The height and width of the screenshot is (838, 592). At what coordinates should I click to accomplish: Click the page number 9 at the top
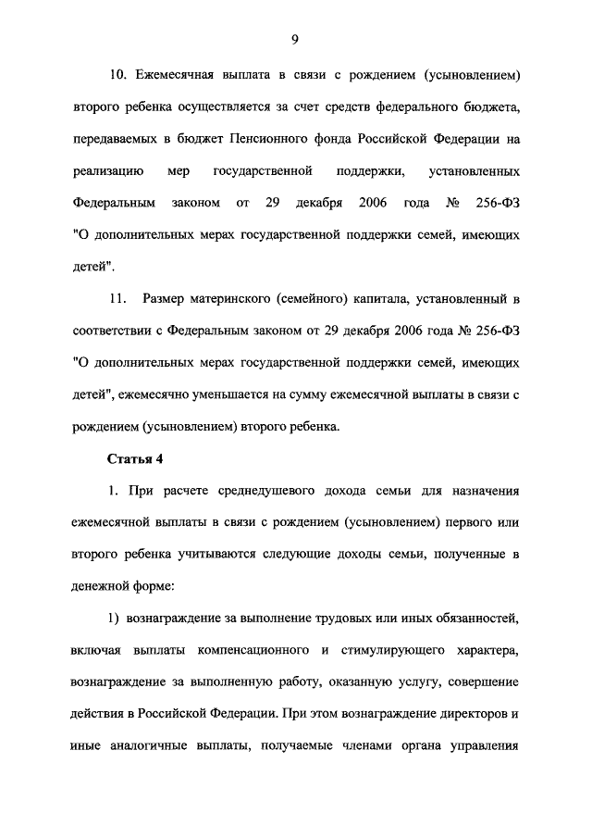click(294, 38)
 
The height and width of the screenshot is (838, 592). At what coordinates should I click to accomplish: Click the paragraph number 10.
click(117, 73)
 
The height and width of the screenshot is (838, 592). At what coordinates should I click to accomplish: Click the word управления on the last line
click(487, 748)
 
